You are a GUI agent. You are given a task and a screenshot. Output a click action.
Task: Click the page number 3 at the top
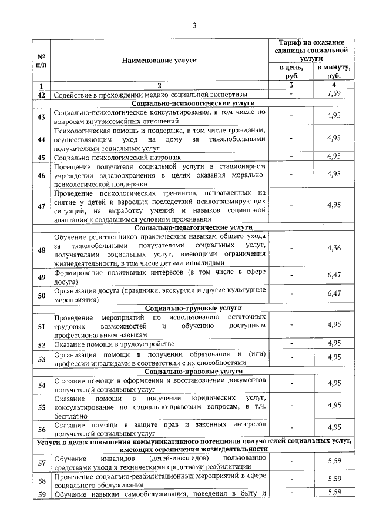point(194,25)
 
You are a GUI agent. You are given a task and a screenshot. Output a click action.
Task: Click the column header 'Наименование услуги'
point(159,60)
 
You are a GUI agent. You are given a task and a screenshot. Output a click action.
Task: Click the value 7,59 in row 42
point(334,94)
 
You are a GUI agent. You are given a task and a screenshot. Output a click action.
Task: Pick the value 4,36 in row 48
point(334,248)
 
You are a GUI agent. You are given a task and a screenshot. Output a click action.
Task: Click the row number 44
point(41,139)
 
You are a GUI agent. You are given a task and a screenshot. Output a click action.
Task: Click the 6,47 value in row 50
point(334,293)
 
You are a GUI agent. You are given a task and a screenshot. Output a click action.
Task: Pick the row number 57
point(41,463)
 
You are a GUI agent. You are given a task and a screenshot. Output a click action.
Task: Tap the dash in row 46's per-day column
point(291,174)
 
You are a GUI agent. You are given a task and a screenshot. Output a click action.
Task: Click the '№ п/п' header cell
point(41,60)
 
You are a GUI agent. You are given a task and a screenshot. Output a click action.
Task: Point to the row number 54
point(41,385)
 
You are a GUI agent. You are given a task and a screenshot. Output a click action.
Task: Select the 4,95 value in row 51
point(334,324)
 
